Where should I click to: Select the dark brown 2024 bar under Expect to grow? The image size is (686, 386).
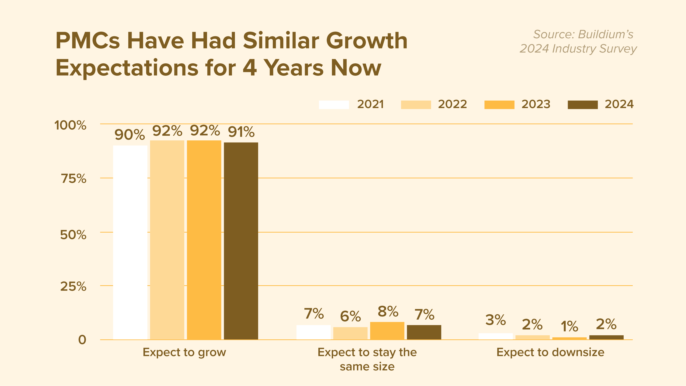[x=241, y=241]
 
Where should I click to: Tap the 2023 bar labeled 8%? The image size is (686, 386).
[x=387, y=331]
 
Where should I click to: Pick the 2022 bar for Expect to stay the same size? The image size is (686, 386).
[x=350, y=333]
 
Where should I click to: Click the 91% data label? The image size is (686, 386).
[x=241, y=132]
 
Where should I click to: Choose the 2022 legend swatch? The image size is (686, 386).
[x=416, y=105]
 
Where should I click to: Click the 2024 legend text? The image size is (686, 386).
[x=619, y=104]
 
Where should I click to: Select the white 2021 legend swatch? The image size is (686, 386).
[x=334, y=105]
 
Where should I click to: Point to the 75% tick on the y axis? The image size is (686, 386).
[x=73, y=179]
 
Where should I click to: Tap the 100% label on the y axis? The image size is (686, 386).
[x=70, y=125]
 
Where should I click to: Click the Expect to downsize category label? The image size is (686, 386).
[x=550, y=352]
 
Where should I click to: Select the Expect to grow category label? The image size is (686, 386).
[x=184, y=352]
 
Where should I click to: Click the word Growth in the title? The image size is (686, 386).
[x=367, y=41]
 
